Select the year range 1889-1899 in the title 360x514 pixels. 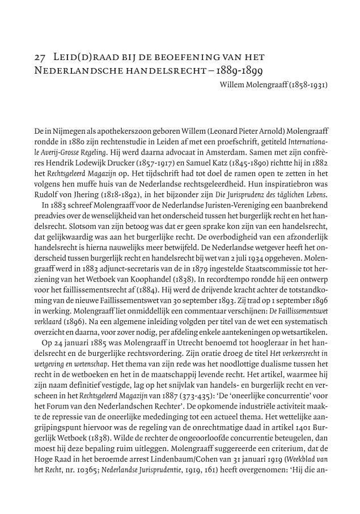click(248, 72)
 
